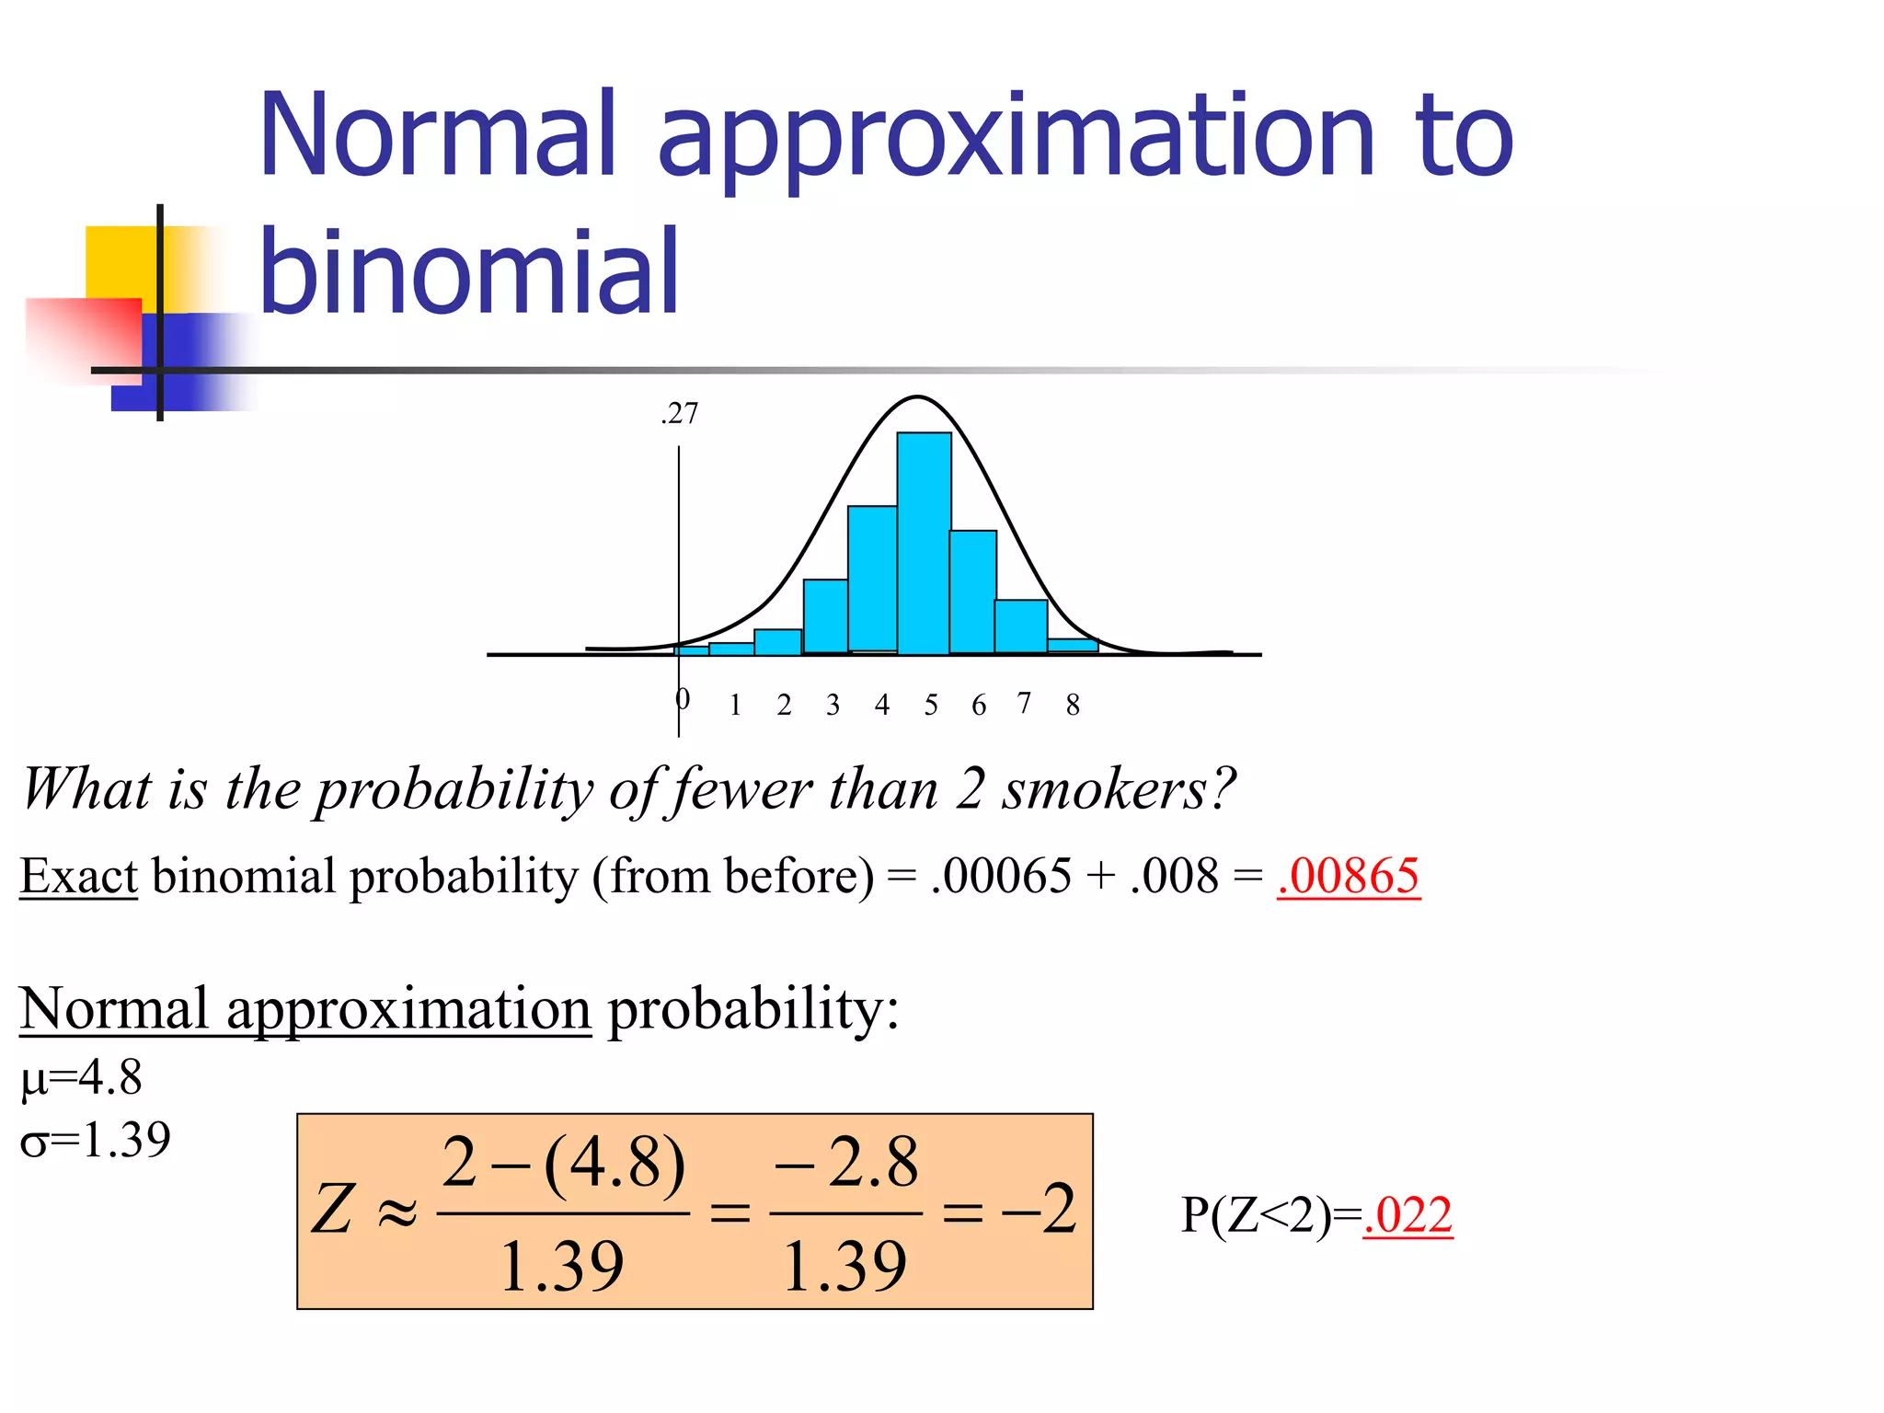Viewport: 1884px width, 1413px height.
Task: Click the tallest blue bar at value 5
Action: (924, 543)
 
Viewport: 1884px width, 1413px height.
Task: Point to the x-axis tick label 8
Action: (1073, 705)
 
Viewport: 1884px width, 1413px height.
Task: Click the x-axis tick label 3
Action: (833, 705)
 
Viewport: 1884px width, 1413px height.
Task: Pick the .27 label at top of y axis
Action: (680, 414)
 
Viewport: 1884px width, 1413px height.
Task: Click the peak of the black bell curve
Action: (917, 397)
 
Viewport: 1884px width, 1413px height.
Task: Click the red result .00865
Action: (1349, 876)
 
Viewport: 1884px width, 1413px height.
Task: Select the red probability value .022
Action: (1407, 1215)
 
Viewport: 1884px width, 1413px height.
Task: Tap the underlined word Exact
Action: (78, 876)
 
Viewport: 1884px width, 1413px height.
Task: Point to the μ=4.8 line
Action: (82, 1077)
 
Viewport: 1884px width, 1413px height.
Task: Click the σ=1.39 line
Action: (96, 1141)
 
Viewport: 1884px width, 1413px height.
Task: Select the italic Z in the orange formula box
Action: (333, 1209)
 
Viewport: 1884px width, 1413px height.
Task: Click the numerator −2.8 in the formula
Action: (846, 1163)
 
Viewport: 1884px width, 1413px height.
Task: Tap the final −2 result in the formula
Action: (1040, 1209)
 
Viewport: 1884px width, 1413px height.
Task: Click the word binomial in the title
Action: (469, 271)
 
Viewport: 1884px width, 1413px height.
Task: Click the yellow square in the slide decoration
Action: (120, 262)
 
